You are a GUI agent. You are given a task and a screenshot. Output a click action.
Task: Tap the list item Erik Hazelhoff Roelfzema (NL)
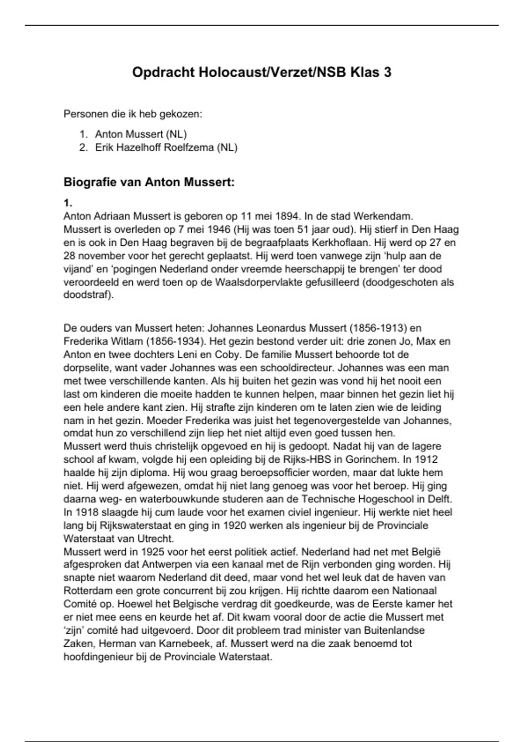point(166,148)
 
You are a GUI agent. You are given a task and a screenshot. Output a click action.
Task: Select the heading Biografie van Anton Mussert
point(149,182)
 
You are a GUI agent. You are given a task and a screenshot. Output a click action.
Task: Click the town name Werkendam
point(382,216)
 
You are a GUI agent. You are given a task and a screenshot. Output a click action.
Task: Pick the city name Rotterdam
point(90,591)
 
